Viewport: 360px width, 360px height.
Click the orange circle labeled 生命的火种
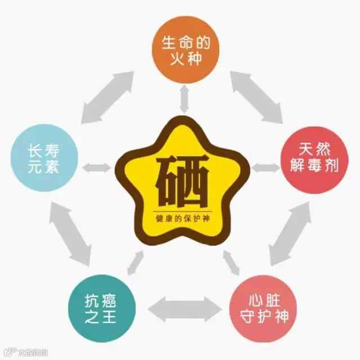pyautogui.click(x=186, y=49)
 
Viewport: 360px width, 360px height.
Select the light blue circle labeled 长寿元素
pyautogui.click(x=44, y=158)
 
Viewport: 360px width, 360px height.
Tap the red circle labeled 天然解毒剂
pyautogui.click(x=315, y=160)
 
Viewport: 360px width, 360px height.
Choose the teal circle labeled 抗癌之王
pyautogui.click(x=102, y=308)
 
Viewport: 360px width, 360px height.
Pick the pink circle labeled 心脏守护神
pyautogui.click(x=263, y=308)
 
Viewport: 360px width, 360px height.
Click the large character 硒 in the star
pyautogui.click(x=182, y=181)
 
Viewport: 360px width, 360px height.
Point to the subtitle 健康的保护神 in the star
pyautogui.click(x=183, y=218)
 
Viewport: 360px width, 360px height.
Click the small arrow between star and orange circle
pyautogui.click(x=184, y=99)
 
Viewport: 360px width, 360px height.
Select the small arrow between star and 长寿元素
pyautogui.click(x=96, y=168)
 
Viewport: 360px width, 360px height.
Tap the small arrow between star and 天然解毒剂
pyautogui.click(x=265, y=168)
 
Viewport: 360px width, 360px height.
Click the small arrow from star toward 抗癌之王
pyautogui.click(x=136, y=263)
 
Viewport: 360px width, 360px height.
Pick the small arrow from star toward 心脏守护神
pyautogui.click(x=231, y=263)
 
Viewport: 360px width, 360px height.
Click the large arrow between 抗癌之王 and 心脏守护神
pyautogui.click(x=185, y=309)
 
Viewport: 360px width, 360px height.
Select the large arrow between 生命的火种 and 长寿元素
pyautogui.click(x=107, y=97)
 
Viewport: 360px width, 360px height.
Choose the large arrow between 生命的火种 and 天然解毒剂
pyautogui.click(x=256, y=97)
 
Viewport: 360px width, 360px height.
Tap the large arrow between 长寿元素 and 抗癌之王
pyautogui.click(x=70, y=234)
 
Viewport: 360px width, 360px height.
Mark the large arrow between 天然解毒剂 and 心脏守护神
pyautogui.click(x=290, y=234)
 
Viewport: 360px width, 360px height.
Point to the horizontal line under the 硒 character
pyautogui.click(x=183, y=211)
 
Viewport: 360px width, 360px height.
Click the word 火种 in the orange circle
pyautogui.click(x=186, y=58)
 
